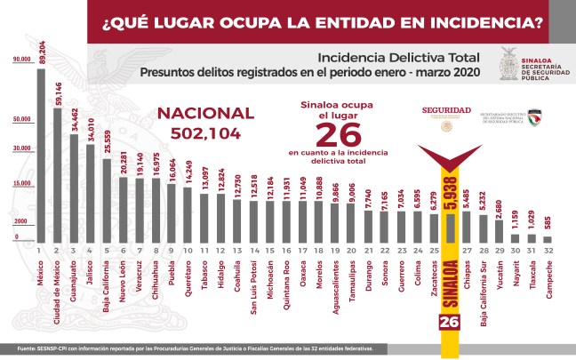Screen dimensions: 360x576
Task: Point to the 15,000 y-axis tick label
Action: click(20, 183)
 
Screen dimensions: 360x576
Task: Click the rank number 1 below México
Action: click(40, 251)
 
